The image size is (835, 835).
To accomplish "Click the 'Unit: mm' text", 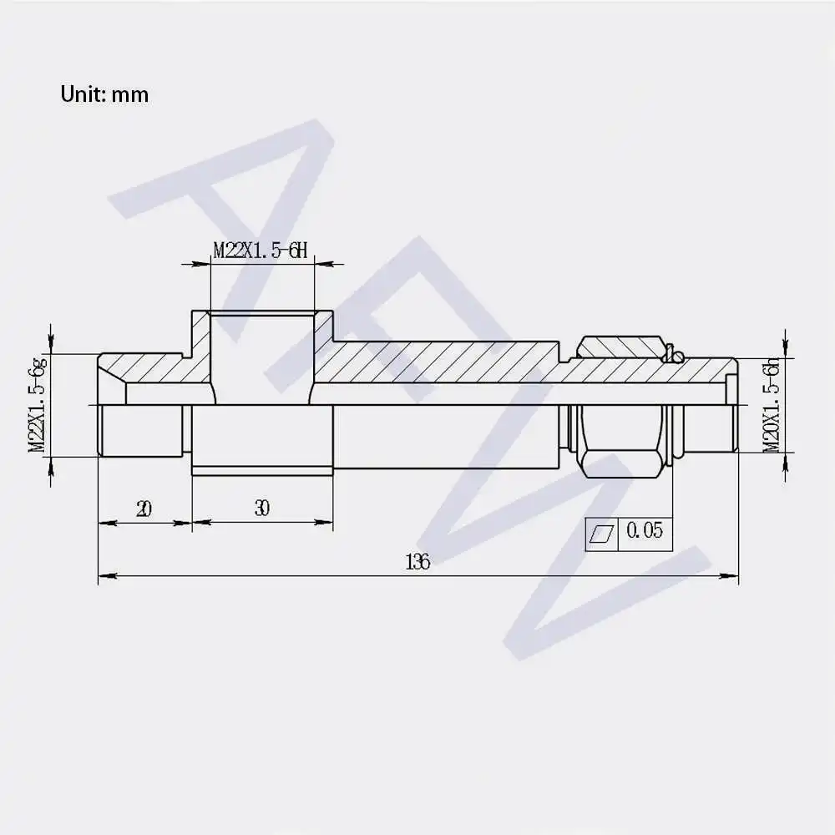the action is click(104, 94).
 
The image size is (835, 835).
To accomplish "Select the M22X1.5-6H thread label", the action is click(261, 249).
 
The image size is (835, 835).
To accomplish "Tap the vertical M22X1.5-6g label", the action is click(38, 406).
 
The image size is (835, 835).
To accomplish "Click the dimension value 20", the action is click(144, 509).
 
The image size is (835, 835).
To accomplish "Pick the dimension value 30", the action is click(262, 508).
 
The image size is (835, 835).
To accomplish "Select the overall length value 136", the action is click(417, 561).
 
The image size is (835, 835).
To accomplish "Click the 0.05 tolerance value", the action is click(645, 530).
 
